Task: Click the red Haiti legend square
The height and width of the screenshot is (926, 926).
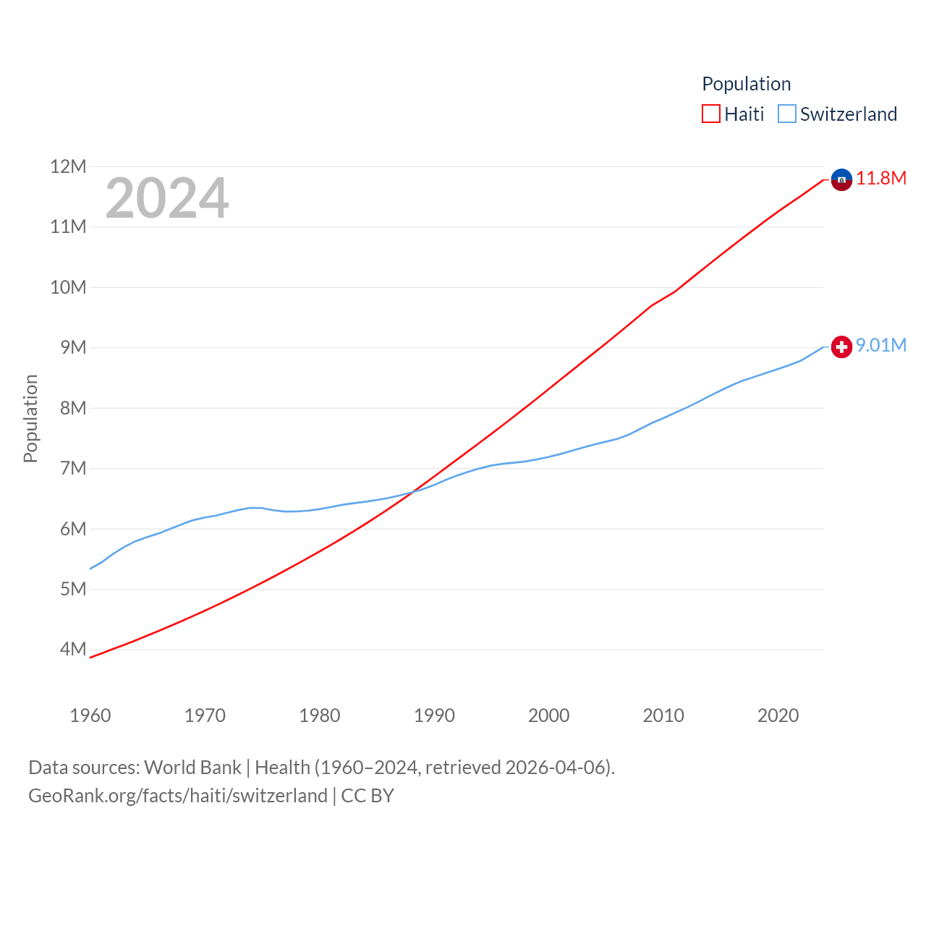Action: coord(711,114)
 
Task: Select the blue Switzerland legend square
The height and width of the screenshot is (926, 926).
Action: coord(787,114)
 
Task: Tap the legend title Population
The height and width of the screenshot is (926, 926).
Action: coord(746,84)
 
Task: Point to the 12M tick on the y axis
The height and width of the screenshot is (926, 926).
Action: coord(68,167)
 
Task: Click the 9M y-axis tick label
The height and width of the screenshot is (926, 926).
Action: coord(73,348)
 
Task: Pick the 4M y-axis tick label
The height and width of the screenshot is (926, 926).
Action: coord(73,650)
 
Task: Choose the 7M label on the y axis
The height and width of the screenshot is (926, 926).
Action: coord(73,469)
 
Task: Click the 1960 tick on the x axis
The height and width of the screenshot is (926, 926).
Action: coord(90,715)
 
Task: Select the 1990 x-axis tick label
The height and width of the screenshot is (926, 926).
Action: coord(434,715)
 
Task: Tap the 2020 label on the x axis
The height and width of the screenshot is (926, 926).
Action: coord(778,715)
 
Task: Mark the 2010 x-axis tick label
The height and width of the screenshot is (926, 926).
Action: coord(663,715)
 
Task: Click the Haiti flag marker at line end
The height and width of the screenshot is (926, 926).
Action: coord(841,179)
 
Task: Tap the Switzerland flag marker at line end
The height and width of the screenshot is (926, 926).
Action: coord(841,347)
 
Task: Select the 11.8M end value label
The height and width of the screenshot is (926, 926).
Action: coord(881,179)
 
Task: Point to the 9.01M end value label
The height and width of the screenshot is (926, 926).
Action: coord(881,346)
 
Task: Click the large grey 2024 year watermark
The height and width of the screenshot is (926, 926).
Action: coord(167,198)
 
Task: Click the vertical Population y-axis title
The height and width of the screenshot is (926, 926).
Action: coord(30,418)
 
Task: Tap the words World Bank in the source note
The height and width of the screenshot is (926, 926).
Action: coord(192,768)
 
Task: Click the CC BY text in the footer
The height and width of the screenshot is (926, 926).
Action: coord(368,796)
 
